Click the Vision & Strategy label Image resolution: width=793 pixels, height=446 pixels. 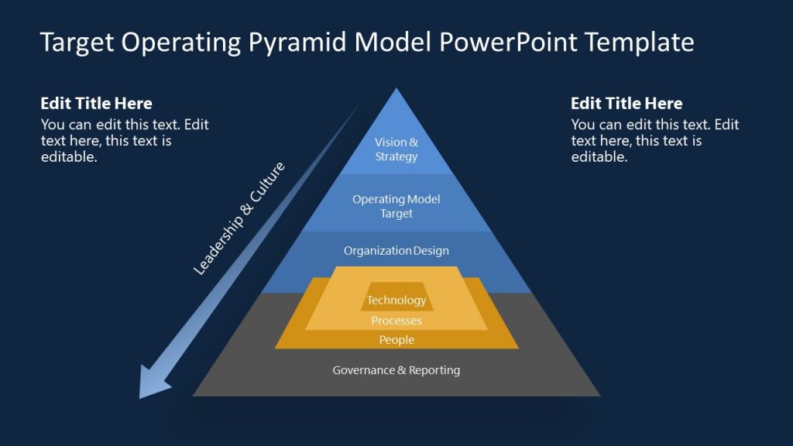click(x=396, y=149)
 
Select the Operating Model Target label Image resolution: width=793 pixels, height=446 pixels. click(x=396, y=206)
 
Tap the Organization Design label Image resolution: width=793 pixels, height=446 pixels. click(x=396, y=251)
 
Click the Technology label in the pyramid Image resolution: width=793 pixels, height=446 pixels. click(x=396, y=300)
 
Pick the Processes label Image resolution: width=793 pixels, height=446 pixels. click(x=396, y=321)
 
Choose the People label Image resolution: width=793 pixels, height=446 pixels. click(x=396, y=340)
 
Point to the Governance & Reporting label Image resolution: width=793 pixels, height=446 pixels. click(x=396, y=370)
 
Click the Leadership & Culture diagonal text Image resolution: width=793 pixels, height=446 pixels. click(x=239, y=218)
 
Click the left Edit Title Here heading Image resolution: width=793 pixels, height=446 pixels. click(x=96, y=104)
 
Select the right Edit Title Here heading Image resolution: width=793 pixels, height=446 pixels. click(x=627, y=104)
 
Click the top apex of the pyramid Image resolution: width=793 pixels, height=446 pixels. click(x=396, y=91)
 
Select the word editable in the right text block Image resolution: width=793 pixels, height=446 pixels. click(x=599, y=156)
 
